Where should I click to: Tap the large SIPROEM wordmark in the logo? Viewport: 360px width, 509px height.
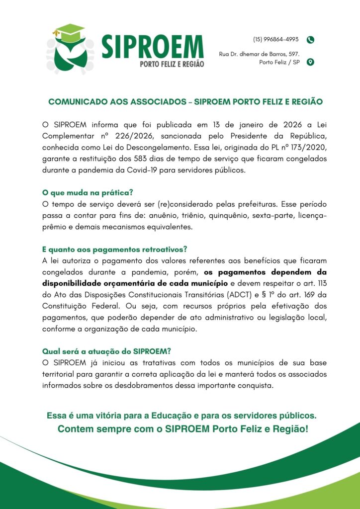tap(152, 47)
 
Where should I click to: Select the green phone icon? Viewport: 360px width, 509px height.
tap(311, 40)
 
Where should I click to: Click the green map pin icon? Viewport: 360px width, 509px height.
tap(311, 62)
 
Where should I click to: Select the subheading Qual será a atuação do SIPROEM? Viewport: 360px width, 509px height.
tap(106, 351)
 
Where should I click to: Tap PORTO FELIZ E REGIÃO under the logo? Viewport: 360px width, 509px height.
tap(172, 65)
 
